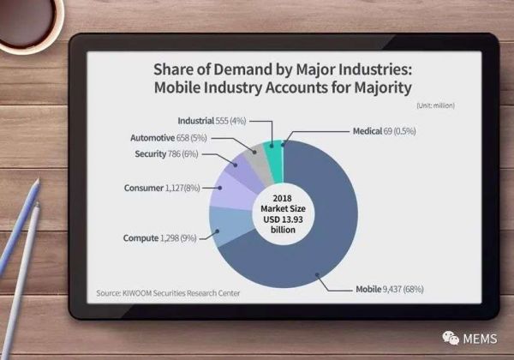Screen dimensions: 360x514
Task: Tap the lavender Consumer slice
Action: [229, 189]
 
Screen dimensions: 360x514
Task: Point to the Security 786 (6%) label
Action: [166, 153]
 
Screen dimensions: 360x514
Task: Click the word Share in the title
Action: [177, 68]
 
